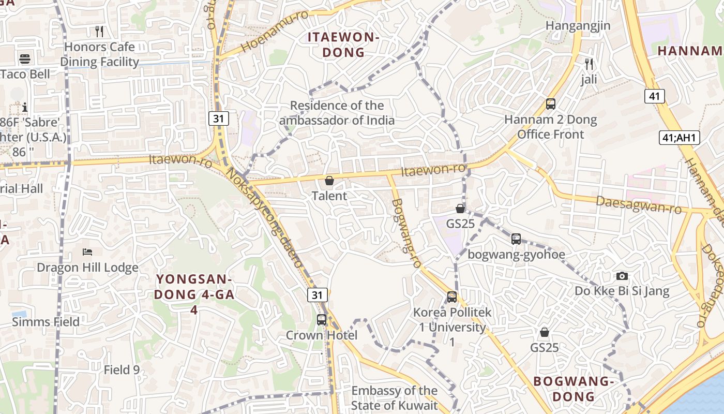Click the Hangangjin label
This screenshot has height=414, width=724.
(x=578, y=25)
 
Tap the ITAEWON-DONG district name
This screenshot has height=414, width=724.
(x=344, y=45)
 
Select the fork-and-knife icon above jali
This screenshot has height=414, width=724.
(x=589, y=64)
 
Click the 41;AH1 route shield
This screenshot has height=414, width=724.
(x=680, y=138)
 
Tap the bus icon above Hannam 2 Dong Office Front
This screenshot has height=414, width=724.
(x=551, y=104)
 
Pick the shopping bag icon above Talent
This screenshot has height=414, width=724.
(x=329, y=181)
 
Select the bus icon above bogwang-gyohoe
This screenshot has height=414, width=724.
(x=516, y=239)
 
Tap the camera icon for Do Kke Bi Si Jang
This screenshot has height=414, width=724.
(x=622, y=276)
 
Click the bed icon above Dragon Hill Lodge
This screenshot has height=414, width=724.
(x=87, y=252)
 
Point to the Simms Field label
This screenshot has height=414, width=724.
(x=46, y=322)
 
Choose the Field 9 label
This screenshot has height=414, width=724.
(x=122, y=370)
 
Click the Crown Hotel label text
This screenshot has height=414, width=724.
(x=322, y=335)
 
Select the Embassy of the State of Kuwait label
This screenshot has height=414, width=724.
(x=395, y=398)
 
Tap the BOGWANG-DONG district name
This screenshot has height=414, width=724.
(x=574, y=389)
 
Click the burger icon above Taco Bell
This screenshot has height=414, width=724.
(x=24, y=58)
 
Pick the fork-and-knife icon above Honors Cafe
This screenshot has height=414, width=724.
(x=99, y=32)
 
